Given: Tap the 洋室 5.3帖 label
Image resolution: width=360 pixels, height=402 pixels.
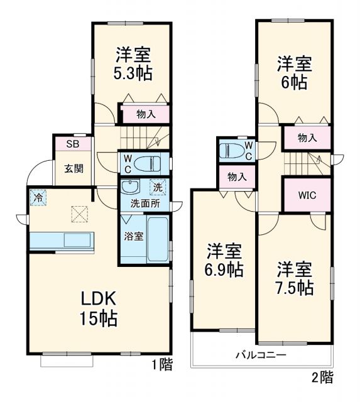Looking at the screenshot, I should click(133, 63).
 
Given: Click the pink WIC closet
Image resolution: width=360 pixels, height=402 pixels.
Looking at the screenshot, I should click(306, 194).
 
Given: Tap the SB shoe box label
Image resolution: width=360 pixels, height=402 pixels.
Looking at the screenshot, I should click(73, 144).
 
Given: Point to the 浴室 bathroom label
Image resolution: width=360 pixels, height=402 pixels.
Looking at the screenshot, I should click(133, 236).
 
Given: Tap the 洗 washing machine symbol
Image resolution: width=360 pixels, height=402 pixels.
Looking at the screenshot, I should click(156, 187).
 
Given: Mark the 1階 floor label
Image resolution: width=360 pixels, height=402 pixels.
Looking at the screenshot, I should click(161, 364).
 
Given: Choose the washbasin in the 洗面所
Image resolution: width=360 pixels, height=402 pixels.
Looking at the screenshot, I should click(130, 187).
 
